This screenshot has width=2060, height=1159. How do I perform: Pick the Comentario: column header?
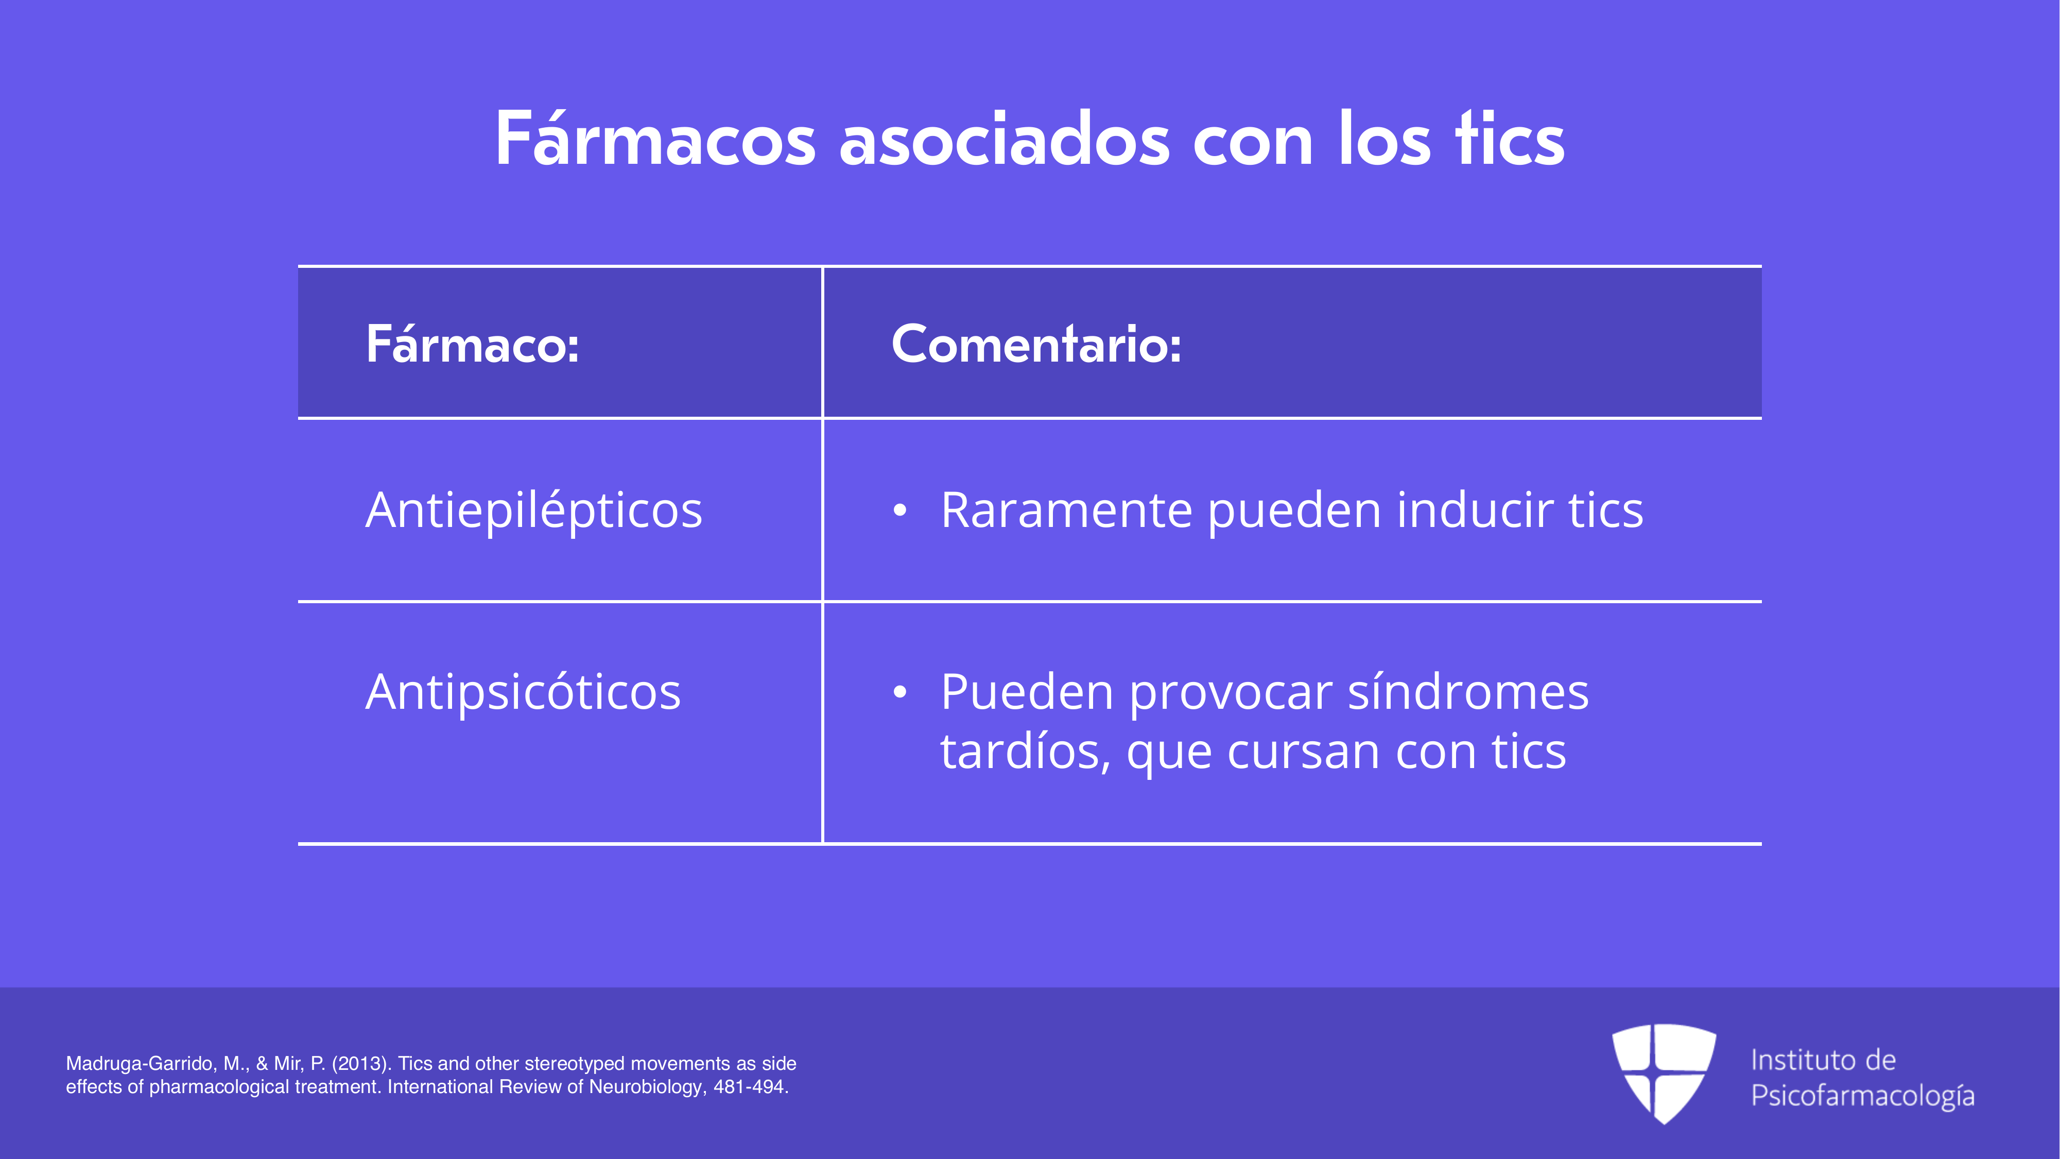[1036, 344]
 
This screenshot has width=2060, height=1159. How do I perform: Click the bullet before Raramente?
[899, 510]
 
